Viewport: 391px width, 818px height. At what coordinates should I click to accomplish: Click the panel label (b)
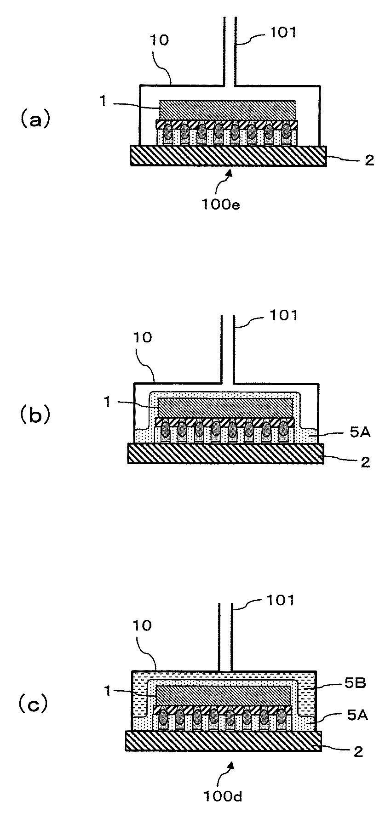tap(33, 415)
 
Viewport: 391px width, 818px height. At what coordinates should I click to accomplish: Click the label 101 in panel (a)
tap(283, 33)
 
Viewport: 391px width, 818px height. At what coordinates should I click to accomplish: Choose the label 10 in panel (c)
tap(143, 625)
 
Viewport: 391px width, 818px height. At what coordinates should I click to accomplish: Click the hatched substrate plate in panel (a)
tap(229, 156)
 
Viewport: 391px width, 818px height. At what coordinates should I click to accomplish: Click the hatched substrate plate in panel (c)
tap(223, 740)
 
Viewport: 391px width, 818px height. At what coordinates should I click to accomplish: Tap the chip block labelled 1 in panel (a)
tap(228, 111)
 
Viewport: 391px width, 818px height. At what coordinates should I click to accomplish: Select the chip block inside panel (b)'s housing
tap(225, 408)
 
